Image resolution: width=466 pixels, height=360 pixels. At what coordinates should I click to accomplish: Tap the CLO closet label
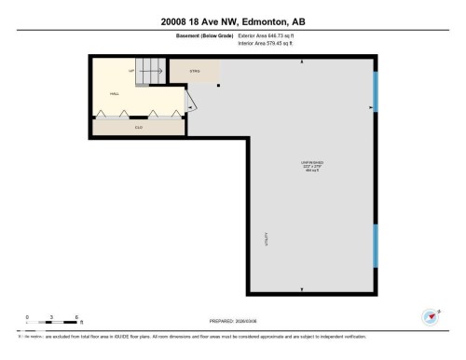pyautogui.click(x=138, y=127)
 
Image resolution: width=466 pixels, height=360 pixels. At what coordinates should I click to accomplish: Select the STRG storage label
pyautogui.click(x=195, y=71)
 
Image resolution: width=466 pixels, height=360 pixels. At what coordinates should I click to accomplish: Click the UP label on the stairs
pyautogui.click(x=131, y=70)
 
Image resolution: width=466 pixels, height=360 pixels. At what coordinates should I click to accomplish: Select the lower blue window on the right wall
pyautogui.click(x=376, y=244)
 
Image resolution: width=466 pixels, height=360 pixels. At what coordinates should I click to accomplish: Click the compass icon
pyautogui.click(x=431, y=316)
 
